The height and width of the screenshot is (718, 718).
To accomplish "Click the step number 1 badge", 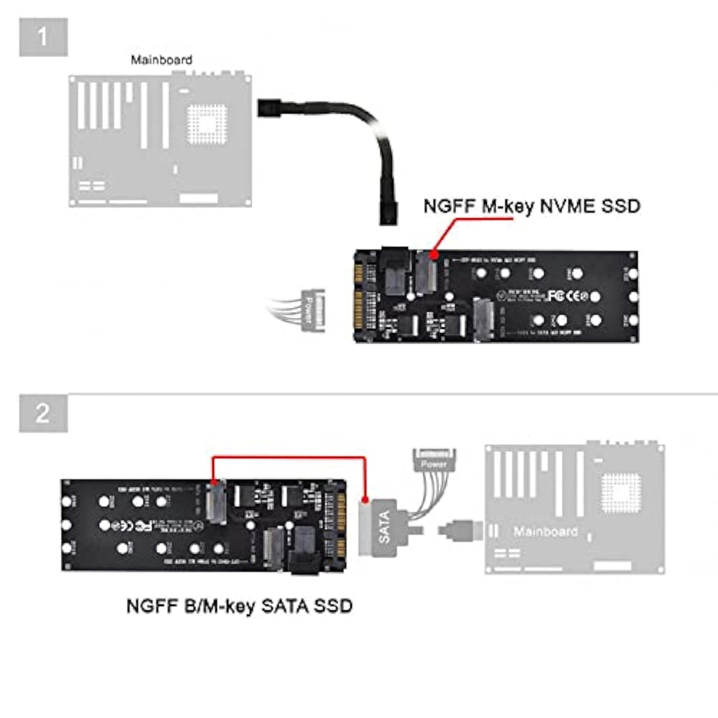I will coord(43,37).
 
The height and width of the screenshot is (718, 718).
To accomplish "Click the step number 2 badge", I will coord(43,413).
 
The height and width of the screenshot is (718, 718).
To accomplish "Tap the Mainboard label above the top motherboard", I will coord(161,60).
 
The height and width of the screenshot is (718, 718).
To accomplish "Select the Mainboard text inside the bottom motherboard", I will coord(545,531).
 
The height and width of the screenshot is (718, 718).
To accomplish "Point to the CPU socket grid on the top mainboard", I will coord(207,123).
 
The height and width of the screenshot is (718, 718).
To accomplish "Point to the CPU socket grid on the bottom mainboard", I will coord(621,493).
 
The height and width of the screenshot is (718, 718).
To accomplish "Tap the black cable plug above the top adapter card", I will coord(388,213).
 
